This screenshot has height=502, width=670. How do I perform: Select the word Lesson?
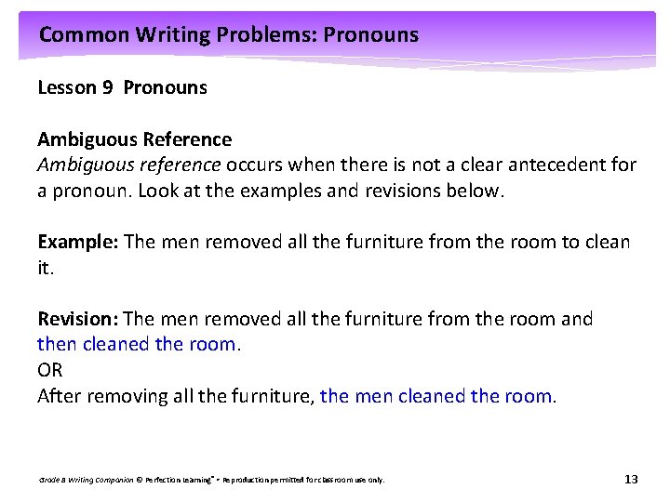67,88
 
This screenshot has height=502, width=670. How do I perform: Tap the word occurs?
256,165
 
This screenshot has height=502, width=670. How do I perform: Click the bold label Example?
78,243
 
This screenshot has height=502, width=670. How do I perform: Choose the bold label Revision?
78,320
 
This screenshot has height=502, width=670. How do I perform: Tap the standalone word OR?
50,370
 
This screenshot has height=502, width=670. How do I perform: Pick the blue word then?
58,345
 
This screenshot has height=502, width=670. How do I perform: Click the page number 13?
631,479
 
